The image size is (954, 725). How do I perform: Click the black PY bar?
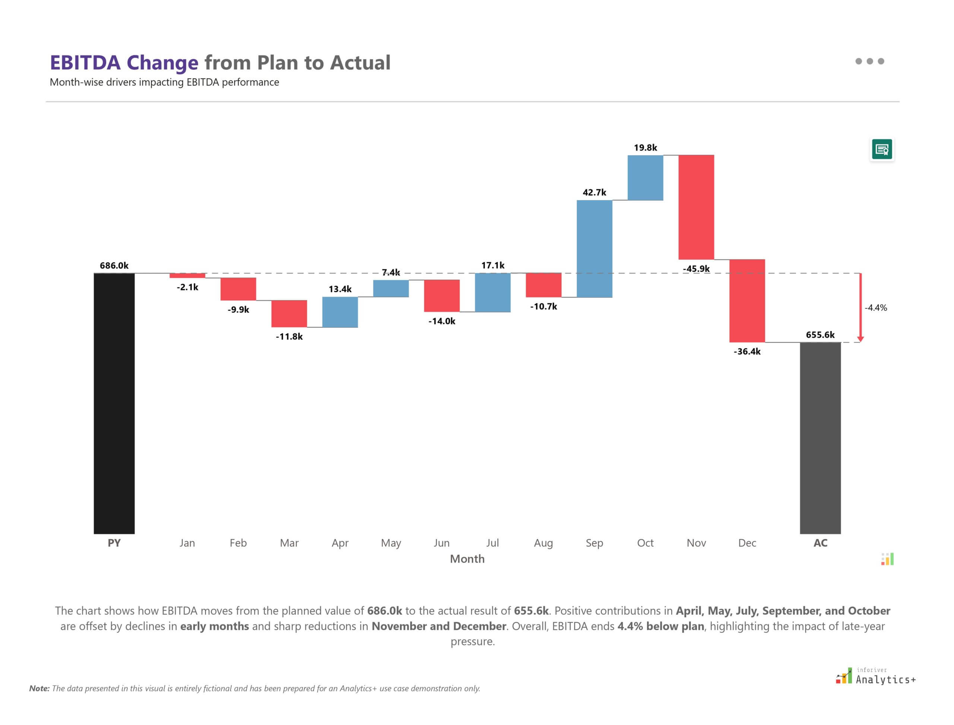114,403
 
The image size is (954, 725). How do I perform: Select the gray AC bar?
820,438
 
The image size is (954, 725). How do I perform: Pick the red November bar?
696,207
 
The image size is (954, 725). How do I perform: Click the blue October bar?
645,178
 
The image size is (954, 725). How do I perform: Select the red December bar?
747,301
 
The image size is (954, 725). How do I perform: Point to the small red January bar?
187,275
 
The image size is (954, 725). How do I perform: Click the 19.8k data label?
645,148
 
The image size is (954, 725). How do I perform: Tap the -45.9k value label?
696,269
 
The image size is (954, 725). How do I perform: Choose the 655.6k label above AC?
820,335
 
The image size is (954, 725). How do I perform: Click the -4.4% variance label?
875,308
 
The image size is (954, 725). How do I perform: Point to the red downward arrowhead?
860,339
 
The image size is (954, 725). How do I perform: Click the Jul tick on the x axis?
492,543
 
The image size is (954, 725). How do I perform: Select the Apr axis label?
340,543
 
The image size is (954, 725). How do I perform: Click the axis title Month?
467,559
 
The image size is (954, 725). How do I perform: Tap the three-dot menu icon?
869,61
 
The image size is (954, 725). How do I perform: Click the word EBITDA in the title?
85,63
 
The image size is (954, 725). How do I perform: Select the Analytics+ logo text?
885,680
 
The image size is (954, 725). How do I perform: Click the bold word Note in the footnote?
39,688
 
